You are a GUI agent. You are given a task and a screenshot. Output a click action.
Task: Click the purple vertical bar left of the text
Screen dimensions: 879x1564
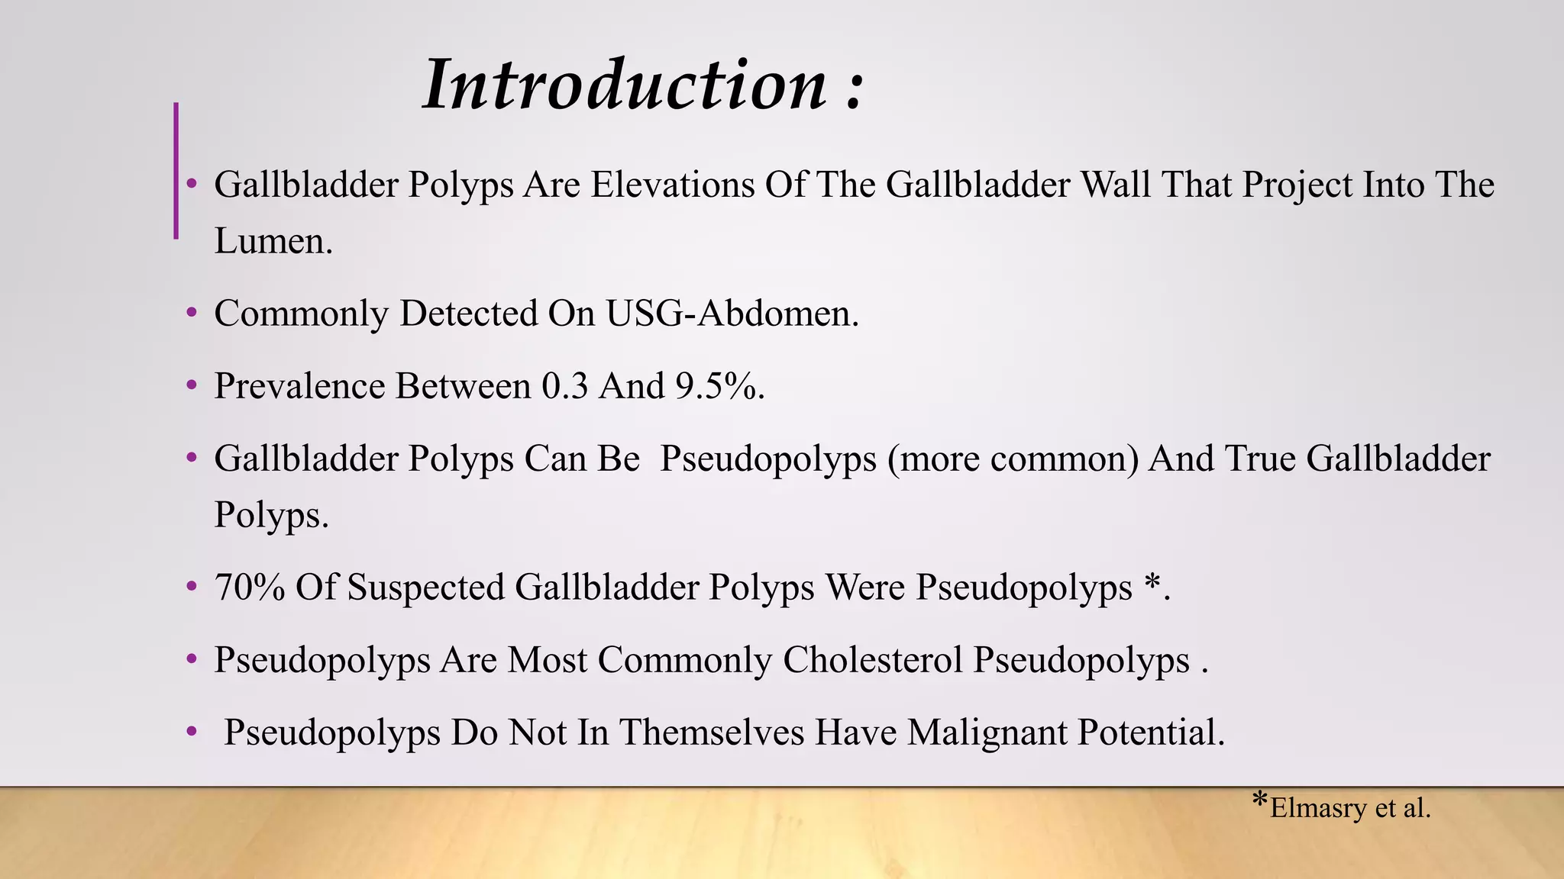tap(176, 171)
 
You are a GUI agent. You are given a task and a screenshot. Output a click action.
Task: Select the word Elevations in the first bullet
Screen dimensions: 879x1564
tap(672, 185)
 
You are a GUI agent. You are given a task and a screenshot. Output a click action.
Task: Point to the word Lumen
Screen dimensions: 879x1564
tap(273, 241)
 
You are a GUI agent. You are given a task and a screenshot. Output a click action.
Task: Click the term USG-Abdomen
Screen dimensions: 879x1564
tap(732, 314)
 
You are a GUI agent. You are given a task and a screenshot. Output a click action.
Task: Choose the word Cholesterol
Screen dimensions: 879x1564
tap(872, 660)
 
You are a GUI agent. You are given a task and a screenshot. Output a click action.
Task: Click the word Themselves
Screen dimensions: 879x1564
tap(711, 732)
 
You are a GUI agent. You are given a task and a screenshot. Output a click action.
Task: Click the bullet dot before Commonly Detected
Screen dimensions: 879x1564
tap(192, 312)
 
